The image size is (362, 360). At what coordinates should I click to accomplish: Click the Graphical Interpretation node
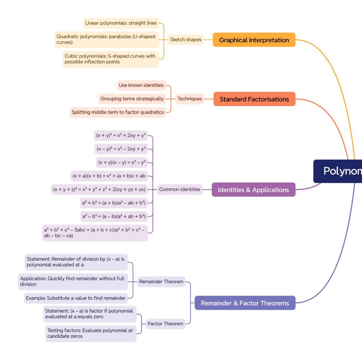click(x=254, y=40)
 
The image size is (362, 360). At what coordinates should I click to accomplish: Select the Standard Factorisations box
click(x=254, y=99)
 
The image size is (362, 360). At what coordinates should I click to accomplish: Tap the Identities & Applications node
click(x=253, y=190)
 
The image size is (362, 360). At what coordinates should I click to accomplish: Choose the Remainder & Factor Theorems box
click(x=245, y=303)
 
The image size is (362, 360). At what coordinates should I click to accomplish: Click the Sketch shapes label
click(x=186, y=40)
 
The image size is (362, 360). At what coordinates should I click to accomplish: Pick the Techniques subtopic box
click(x=189, y=99)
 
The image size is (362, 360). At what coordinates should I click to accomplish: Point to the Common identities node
click(x=180, y=189)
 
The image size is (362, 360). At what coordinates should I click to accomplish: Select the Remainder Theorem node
click(x=161, y=282)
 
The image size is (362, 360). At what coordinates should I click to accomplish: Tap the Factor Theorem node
click(x=165, y=324)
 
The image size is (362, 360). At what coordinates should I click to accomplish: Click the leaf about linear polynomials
click(x=121, y=23)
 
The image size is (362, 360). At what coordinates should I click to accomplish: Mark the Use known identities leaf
click(x=141, y=85)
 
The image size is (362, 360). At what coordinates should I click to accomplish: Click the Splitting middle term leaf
click(x=118, y=112)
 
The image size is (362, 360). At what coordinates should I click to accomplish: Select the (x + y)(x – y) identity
click(x=122, y=162)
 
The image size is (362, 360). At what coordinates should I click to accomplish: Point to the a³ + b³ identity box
click(x=113, y=203)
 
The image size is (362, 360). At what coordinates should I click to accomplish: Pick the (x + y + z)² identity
click(x=99, y=189)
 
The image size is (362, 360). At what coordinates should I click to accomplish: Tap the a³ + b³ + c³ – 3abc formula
click(x=94, y=233)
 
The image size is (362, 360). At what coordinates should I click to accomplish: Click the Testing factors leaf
click(x=90, y=333)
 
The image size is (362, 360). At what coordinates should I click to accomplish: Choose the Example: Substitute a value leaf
click(x=76, y=298)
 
